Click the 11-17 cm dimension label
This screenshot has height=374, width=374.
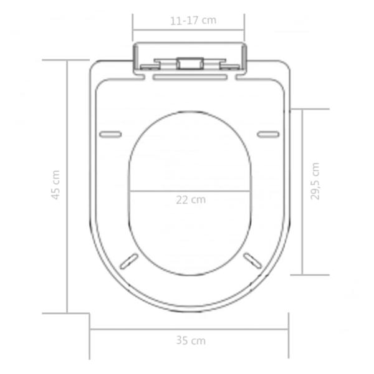point(193,20)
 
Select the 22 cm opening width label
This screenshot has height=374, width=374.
point(190,200)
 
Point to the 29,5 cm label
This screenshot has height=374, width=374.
point(315,181)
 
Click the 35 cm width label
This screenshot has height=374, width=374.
point(190,340)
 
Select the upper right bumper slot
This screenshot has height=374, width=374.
point(268,133)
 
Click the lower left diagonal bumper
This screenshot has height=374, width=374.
point(129,259)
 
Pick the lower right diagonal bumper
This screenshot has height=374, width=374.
point(252,259)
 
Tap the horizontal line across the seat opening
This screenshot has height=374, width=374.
point(190,191)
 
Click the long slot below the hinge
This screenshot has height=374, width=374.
point(189,77)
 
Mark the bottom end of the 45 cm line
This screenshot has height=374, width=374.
point(67,312)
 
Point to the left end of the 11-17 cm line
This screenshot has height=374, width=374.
point(133,29)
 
